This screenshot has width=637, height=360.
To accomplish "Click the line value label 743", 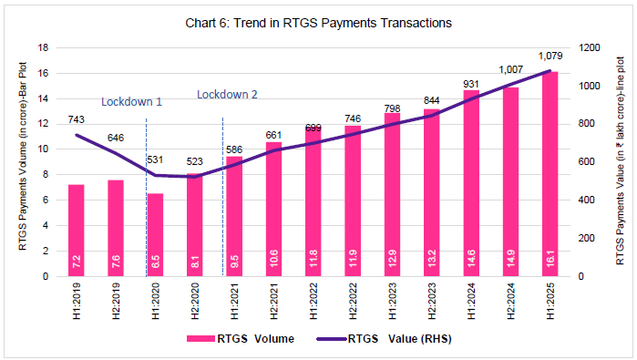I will coord(77,119).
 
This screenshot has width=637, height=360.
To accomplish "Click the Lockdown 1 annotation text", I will coord(131,101).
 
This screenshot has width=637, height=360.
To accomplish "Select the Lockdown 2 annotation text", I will coord(228,93).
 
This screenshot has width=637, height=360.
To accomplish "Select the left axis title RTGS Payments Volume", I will coord(18,161).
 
